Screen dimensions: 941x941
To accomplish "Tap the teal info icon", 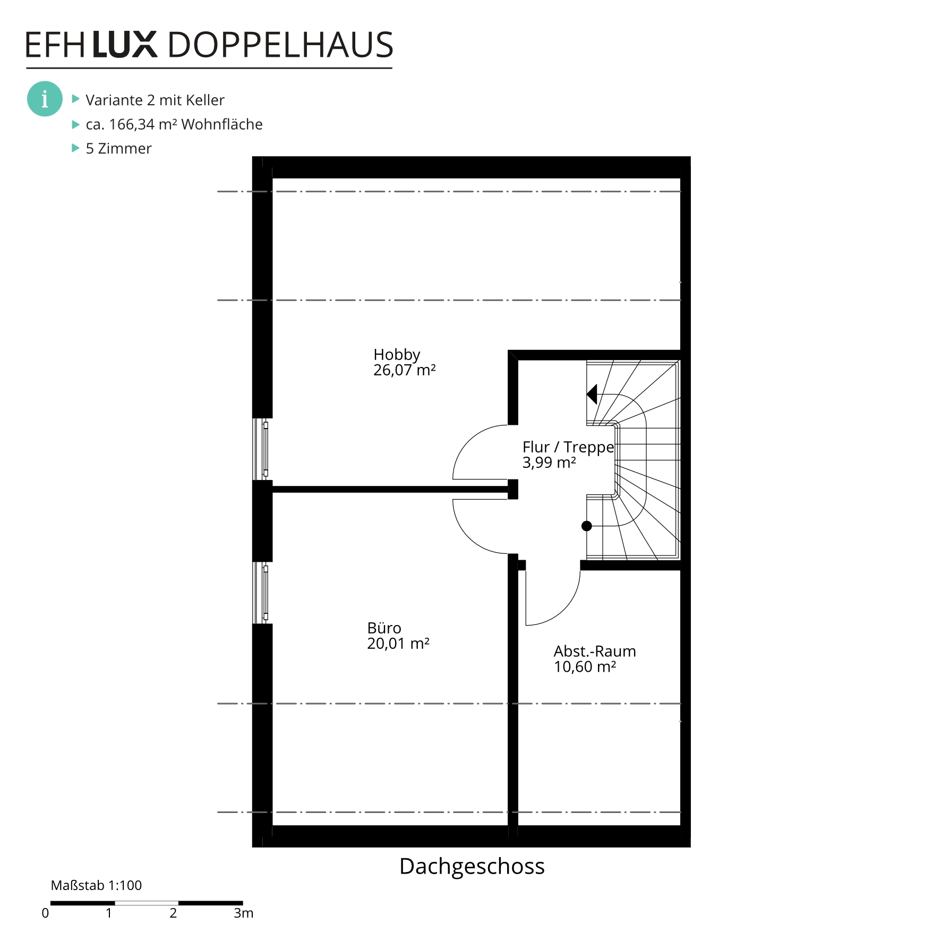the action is pos(45,99).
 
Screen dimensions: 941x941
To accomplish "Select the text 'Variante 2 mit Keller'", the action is pos(155,100).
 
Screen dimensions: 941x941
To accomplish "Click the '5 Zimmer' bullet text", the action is pos(119,148).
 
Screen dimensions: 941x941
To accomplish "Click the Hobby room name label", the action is pos(397,355).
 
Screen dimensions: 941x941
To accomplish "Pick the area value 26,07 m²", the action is pos(405,370).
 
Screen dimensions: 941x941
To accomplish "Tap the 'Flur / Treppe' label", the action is pos(568,447).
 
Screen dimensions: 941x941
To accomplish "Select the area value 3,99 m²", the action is pos(549,463).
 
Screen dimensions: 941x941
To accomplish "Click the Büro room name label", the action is pos(384,628).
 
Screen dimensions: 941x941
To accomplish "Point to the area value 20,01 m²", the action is pos(398,644).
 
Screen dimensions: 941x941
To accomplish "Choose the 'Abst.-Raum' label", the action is pos(595,651).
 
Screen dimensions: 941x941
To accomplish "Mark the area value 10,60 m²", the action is pos(585,667).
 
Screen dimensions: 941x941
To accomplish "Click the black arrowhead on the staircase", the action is pos(592,394).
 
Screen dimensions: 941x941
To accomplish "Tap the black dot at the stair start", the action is pos(587,526).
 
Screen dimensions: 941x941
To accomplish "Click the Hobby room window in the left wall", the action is pos(261,449).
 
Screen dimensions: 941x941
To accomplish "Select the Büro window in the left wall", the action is pos(261,593).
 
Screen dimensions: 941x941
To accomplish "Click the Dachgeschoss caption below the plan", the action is pos(472,867).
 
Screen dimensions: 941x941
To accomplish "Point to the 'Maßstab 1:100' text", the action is pos(96,885).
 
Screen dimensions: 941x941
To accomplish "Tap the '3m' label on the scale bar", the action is pos(244,913).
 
